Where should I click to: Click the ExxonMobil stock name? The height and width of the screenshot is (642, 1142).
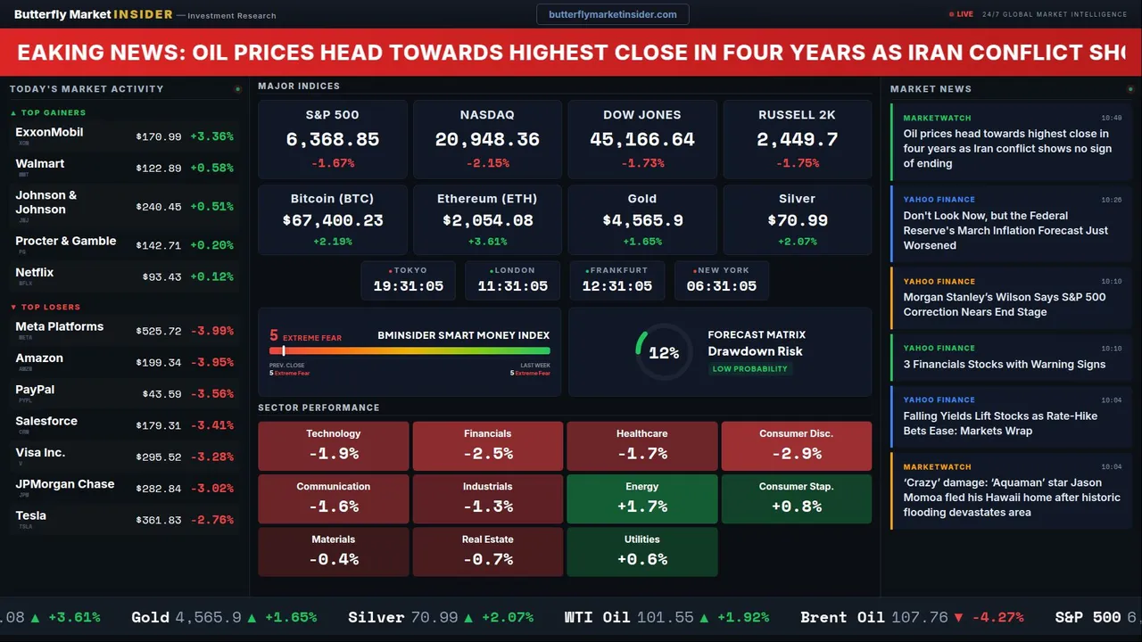[49, 132]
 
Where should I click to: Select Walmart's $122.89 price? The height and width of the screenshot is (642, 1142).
[159, 169]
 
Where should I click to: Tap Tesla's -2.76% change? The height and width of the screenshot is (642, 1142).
[211, 520]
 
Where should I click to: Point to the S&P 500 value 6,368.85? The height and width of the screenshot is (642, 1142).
[332, 140]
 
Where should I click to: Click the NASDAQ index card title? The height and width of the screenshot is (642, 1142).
[487, 115]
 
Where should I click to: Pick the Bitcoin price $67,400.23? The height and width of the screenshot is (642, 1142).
[332, 220]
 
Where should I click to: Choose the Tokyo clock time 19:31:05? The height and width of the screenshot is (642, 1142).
[408, 286]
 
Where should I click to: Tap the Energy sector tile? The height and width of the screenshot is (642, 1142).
[641, 498]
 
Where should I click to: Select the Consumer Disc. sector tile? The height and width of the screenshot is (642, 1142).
[796, 446]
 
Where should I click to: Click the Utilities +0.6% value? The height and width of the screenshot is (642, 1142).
[641, 559]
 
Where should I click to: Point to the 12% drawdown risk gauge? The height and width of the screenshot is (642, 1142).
[663, 353]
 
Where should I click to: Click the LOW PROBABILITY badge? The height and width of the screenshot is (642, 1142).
[749, 369]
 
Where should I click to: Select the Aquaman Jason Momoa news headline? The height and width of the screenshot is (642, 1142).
[1011, 498]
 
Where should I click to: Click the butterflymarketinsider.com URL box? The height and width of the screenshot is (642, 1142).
[612, 14]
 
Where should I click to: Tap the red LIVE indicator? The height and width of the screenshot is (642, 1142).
[961, 14]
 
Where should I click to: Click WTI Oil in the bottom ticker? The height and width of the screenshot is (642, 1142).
[597, 617]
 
